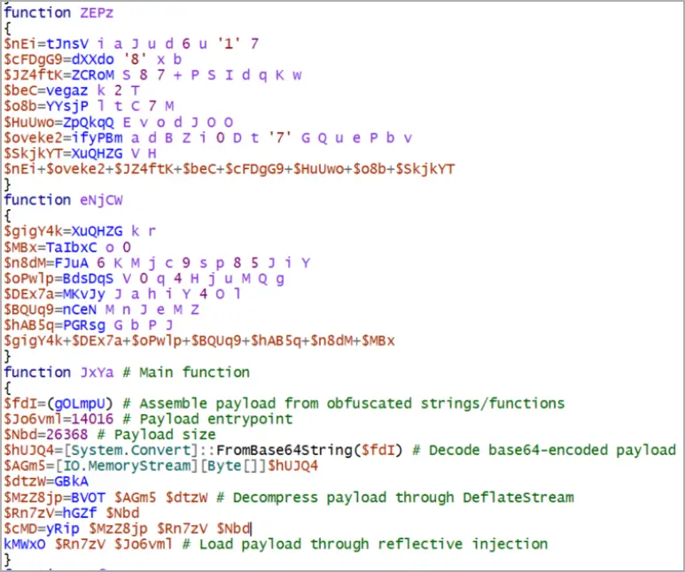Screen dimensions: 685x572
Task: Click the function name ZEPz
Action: (97, 12)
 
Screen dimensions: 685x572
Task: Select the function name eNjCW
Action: (101, 200)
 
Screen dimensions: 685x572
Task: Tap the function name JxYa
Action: (97, 373)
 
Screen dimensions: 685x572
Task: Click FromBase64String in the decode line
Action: (284, 450)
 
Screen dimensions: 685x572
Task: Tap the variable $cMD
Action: (20, 529)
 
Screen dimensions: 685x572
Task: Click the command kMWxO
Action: (25, 544)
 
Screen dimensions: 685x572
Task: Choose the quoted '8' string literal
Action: (135, 59)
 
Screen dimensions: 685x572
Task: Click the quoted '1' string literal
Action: (229, 43)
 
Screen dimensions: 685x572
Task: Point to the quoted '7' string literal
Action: (280, 138)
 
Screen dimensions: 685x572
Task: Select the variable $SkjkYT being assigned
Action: (33, 154)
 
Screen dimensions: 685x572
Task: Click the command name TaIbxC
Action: (71, 248)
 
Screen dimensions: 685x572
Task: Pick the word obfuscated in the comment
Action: (370, 404)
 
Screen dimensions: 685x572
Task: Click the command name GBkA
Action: (71, 482)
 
